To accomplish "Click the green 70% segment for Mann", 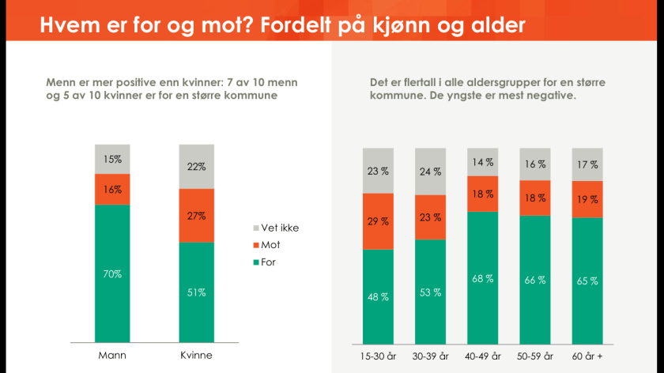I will tap(112, 273).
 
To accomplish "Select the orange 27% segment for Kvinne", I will tap(196, 215).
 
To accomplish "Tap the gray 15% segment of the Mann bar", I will tap(112, 159).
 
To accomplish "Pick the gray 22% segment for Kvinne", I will tap(196, 166).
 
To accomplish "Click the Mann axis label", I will tap(112, 356).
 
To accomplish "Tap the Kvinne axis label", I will tap(196, 356).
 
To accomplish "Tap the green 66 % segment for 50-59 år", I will tap(535, 279).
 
